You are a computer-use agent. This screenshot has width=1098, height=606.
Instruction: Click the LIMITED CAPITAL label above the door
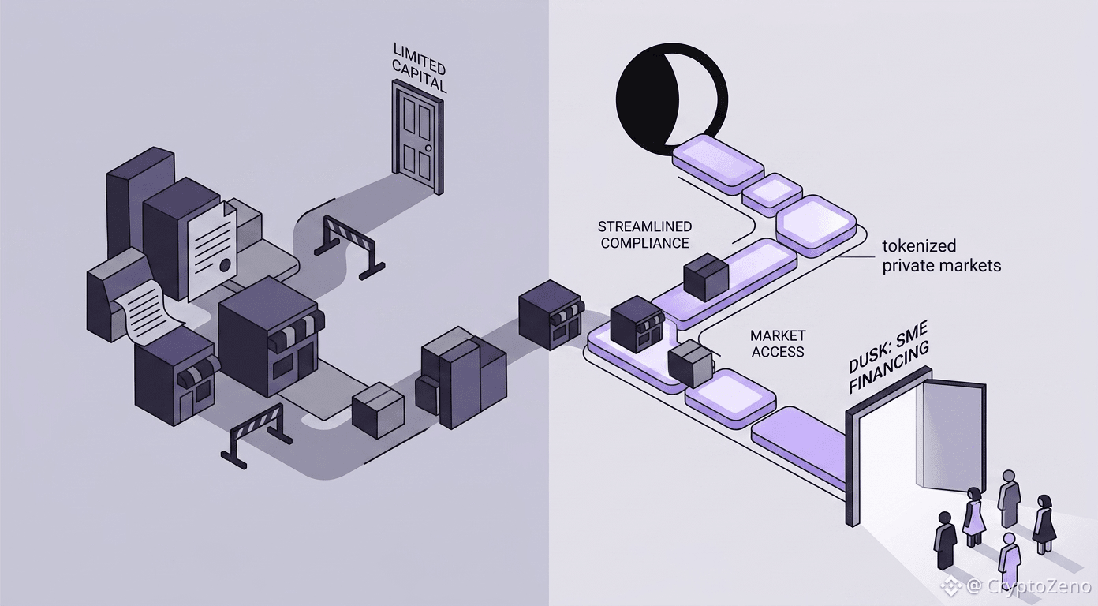419,67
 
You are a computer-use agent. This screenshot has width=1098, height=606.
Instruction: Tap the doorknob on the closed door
428,148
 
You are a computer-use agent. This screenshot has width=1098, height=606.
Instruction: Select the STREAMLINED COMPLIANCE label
645,234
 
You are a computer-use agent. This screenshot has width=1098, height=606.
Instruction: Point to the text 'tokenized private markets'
942,256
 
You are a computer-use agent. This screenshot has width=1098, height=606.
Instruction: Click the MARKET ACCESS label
778,343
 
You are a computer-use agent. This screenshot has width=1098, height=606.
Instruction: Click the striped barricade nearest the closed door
349,247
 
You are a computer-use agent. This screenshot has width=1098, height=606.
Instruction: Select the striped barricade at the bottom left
256,435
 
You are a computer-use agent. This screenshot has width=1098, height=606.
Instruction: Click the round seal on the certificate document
225,265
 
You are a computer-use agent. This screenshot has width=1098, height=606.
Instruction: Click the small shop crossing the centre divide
551,314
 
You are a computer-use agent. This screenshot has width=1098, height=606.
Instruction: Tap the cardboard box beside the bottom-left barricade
378,410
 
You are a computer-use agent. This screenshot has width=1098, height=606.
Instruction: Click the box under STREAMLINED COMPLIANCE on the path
706,276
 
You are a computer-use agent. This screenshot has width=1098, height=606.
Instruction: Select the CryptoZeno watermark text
1028,586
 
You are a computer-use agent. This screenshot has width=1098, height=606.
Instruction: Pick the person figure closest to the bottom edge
1010,559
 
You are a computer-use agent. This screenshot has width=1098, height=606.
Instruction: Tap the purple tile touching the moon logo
717,161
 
